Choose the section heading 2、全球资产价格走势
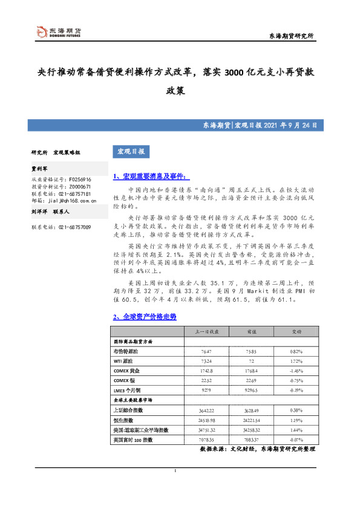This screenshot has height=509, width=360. [x=145, y=317]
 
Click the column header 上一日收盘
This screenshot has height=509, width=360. [x=202, y=331]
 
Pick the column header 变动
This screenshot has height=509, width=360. [x=297, y=331]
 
